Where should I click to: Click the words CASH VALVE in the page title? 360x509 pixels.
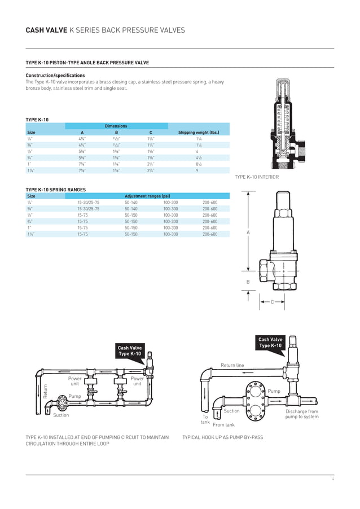pyautogui.click(x=46, y=30)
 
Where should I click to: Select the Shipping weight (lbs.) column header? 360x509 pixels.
pyautogui.click(x=199, y=133)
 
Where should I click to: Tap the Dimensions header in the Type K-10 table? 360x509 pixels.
pyautogui.click(x=116, y=126)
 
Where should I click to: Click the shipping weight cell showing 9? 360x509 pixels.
pyautogui.click(x=197, y=170)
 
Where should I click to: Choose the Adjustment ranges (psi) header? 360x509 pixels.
pyautogui.click(x=147, y=196)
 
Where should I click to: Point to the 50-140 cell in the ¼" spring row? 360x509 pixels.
pyautogui.click(x=131, y=202)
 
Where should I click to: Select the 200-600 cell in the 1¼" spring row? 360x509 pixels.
pyautogui.click(x=210, y=234)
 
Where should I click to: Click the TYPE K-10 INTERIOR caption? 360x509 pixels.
pyautogui.click(x=256, y=177)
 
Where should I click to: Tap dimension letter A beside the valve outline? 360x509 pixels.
pyautogui.click(x=248, y=232)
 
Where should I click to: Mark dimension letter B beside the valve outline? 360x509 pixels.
pyautogui.click(x=248, y=282)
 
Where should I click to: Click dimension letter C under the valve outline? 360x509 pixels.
pyautogui.click(x=272, y=302)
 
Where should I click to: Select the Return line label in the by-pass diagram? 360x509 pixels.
pyautogui.click(x=232, y=366)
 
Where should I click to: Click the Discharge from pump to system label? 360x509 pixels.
pyautogui.click(x=301, y=414)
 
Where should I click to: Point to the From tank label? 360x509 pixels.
pyautogui.click(x=223, y=424)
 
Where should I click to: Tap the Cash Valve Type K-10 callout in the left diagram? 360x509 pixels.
pyautogui.click(x=129, y=351)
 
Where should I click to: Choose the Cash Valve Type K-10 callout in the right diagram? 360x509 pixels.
pyautogui.click(x=270, y=343)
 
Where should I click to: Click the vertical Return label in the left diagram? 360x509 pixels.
pyautogui.click(x=46, y=392)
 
